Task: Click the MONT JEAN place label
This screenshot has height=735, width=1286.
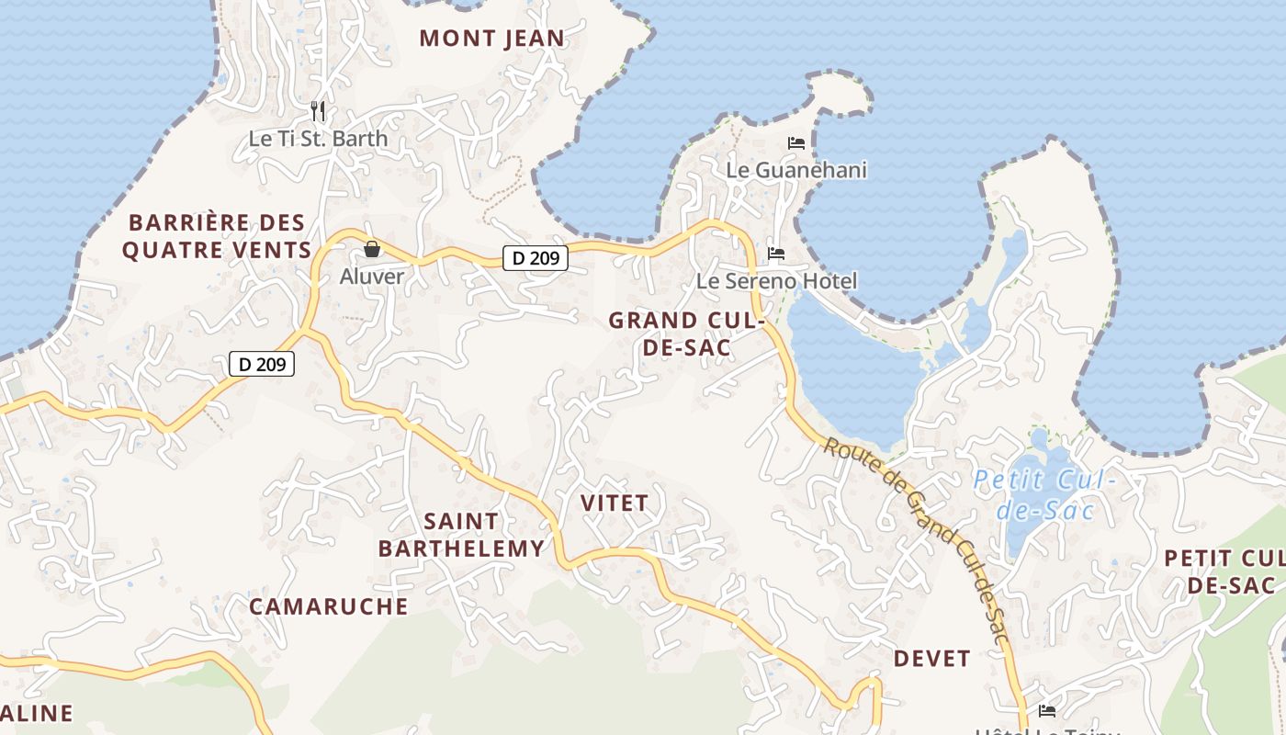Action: pos(491,39)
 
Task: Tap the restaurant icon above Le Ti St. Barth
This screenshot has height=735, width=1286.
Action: pos(318,111)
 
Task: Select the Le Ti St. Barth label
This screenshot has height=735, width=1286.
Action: pos(318,139)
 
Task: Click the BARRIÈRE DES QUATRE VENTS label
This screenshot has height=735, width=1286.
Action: pos(217,236)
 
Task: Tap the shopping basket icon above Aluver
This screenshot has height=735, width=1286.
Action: pos(372,249)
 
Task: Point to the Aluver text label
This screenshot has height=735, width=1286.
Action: pos(372,276)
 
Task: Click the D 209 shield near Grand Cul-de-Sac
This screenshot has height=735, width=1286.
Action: pos(536,258)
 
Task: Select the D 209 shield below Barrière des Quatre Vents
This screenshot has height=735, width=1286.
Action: pos(262,364)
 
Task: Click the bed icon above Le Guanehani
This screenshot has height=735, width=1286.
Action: pos(796,143)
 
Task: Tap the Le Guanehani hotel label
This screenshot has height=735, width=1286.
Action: pos(796,170)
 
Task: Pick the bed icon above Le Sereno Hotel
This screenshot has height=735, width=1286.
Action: pos(776,254)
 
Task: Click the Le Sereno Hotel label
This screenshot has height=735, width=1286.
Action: pos(776,281)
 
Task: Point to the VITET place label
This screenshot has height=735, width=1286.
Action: pos(615,503)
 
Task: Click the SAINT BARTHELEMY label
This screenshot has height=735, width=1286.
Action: pos(461,535)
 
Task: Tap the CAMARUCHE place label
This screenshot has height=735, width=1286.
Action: pos(329,606)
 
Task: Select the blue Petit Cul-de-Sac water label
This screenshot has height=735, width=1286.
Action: pos(1043,494)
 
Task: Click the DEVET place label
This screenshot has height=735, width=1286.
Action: pos(931,659)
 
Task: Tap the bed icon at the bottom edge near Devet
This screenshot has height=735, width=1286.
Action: pos(1046,710)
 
